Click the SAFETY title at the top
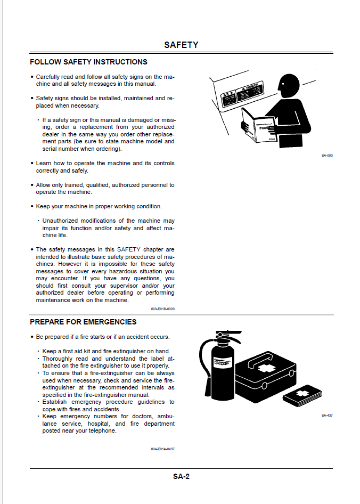click(181, 45)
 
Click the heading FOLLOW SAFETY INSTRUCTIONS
click(88, 62)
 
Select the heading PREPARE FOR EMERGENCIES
click(83, 322)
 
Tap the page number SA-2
click(181, 476)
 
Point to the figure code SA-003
click(327, 156)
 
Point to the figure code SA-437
click(327, 415)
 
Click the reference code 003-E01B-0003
click(162, 308)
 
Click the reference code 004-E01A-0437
click(162, 449)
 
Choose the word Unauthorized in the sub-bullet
click(63, 221)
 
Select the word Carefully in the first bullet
click(48, 77)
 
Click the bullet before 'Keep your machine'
click(32, 207)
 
